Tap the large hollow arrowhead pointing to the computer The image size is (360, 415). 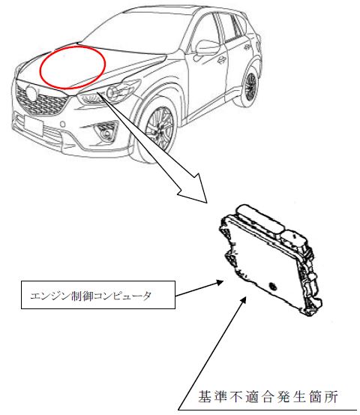coord(195,188)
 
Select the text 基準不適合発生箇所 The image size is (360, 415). coord(268,396)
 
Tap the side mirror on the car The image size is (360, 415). coord(208,48)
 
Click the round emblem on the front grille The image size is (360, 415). coord(31,92)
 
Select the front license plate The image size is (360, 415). coord(33,125)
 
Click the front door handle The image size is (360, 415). coord(222,60)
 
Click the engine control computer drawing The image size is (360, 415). coord(270,260)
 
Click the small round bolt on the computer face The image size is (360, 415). coord(271,286)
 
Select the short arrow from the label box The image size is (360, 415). coord(199,288)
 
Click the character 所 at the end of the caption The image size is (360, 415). coord(331,396)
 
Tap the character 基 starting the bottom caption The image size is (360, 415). coord(205,396)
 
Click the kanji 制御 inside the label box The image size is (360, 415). coord(82,296)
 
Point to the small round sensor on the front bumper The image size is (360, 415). coord(63,124)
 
